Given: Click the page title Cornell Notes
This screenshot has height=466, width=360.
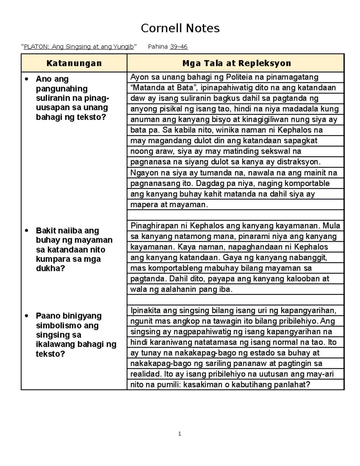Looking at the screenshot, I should tap(180, 28).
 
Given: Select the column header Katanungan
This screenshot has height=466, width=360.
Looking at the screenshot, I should tap(74, 63).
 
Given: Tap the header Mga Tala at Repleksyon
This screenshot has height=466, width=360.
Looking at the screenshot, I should tap(237, 63).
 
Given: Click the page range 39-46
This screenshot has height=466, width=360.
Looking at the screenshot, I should tap(179, 47).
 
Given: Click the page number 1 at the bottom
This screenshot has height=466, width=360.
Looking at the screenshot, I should tap(179, 434).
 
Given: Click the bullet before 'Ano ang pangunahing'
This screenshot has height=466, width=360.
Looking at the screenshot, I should tap(27, 79).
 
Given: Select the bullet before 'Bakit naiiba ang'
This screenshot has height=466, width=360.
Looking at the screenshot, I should tap(27, 231).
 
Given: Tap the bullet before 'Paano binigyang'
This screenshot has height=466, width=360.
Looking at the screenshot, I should tap(27, 316).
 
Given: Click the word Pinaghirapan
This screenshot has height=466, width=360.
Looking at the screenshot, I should tap(154, 226).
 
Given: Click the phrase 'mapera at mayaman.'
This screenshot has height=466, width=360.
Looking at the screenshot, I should tap(169, 205).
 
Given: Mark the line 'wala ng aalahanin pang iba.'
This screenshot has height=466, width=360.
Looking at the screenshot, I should tap(181, 289).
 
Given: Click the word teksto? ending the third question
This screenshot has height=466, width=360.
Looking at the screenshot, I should tap(50, 354).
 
